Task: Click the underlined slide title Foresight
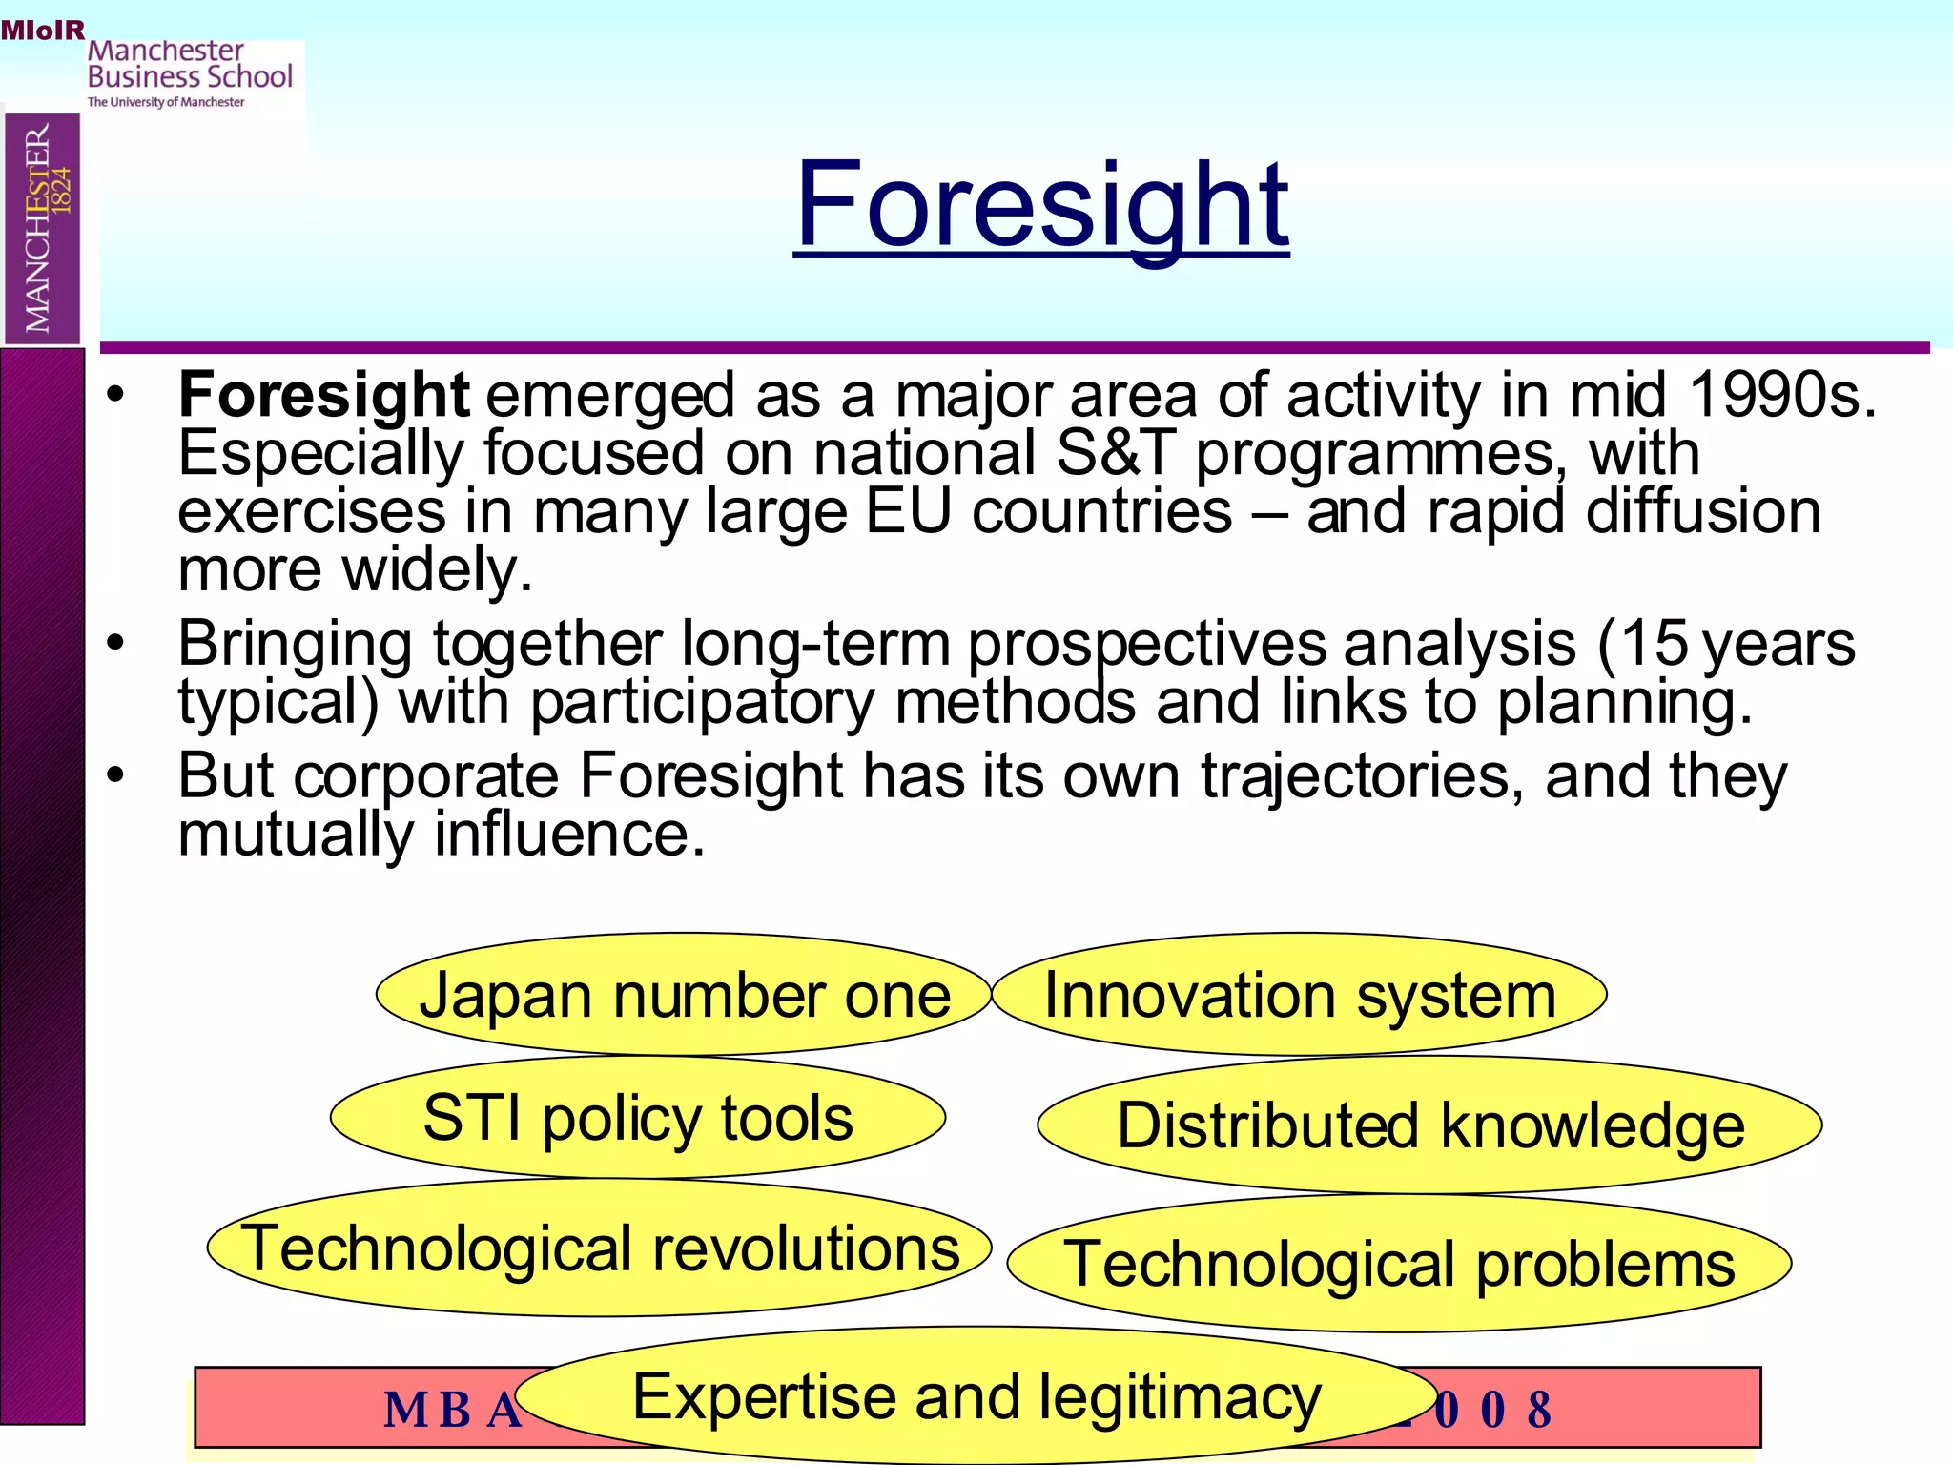pyautogui.click(x=1040, y=205)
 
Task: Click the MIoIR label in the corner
pyautogui.click(x=43, y=31)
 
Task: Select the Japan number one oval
pyautogui.click(x=684, y=995)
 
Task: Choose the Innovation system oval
pyautogui.click(x=1299, y=995)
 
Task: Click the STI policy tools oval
pyautogui.click(x=637, y=1117)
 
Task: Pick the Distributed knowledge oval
pyautogui.click(x=1429, y=1125)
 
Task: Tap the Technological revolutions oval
pyautogui.click(x=599, y=1248)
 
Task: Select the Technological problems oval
pyautogui.click(x=1399, y=1264)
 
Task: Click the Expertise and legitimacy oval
pyautogui.click(x=976, y=1396)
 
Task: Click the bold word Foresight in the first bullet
pyautogui.click(x=323, y=395)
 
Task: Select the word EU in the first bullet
pyautogui.click(x=908, y=511)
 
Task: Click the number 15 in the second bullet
pyautogui.click(x=1654, y=643)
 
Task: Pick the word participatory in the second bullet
pyautogui.click(x=702, y=702)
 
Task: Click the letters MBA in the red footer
pyautogui.click(x=453, y=1410)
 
